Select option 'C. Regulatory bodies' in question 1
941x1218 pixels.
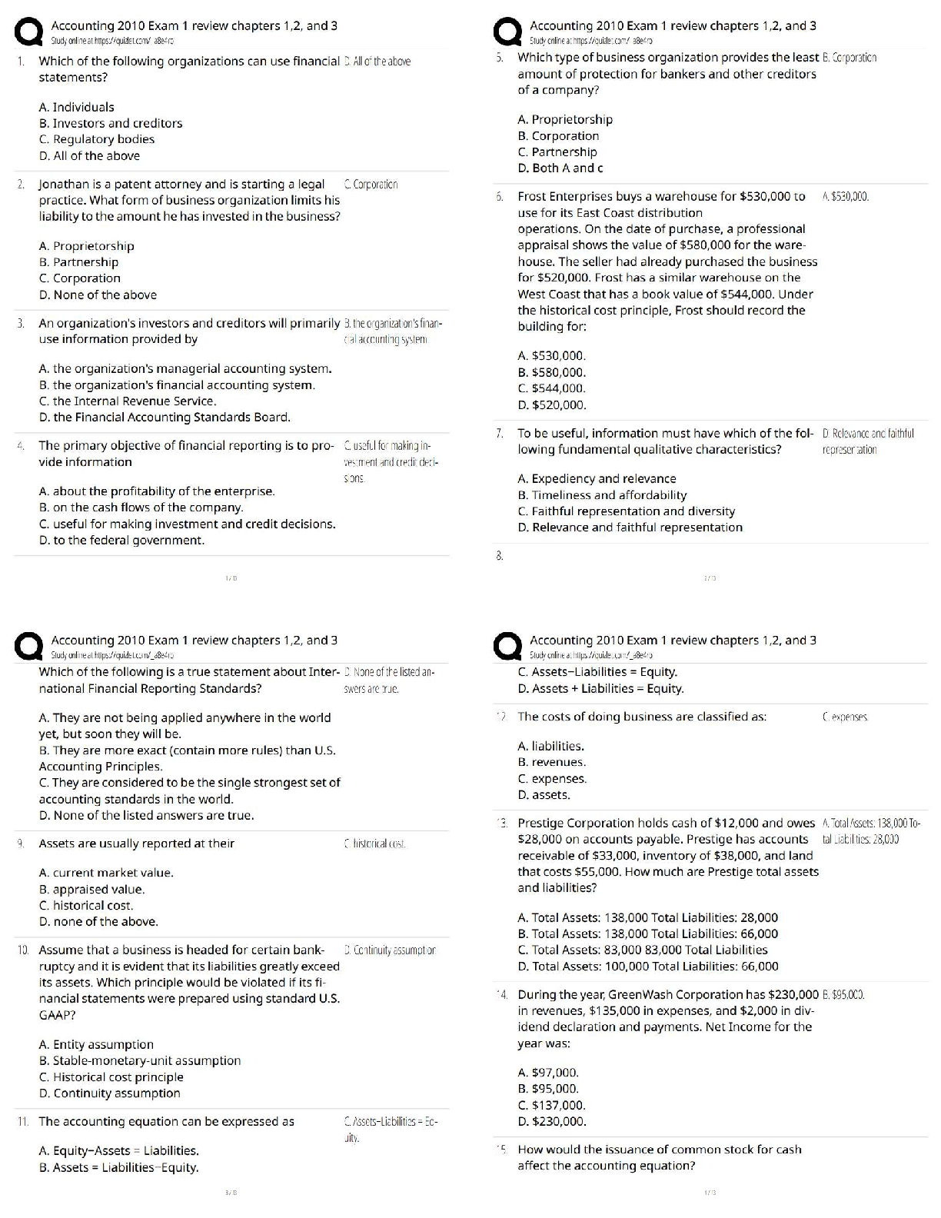coord(97,139)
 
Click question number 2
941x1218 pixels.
coord(20,185)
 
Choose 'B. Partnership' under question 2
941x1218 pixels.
coord(78,262)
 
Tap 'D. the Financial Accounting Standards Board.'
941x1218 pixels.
coord(165,418)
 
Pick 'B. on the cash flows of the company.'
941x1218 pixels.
coord(141,507)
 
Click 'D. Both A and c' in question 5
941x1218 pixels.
coord(560,168)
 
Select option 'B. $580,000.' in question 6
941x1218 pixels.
coord(551,373)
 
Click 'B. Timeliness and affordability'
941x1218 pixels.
coord(602,495)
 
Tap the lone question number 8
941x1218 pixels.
coord(499,555)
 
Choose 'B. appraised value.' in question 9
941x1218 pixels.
coord(91,890)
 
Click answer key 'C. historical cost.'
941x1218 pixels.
coord(375,844)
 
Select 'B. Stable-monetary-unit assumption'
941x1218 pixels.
coord(140,1061)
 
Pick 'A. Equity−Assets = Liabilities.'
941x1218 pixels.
coord(118,1151)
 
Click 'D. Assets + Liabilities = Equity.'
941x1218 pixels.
coord(600,689)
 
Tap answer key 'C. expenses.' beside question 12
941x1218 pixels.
coord(845,717)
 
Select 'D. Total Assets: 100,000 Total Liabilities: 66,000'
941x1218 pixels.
coord(648,967)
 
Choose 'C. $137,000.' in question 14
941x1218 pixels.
coord(551,1106)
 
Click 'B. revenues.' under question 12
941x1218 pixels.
coord(551,763)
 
